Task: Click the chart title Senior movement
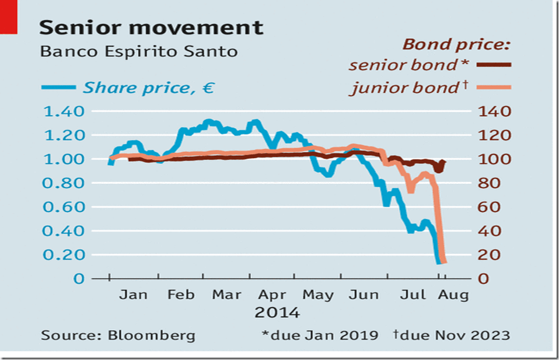point(151,27)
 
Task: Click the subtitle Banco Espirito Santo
point(138,51)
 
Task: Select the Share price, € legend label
point(148,88)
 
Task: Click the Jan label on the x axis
point(134,295)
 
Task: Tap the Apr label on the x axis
point(272,295)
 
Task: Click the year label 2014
point(277,313)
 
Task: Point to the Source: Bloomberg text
point(118,335)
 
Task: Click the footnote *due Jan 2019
point(319,335)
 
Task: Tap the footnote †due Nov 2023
point(451,335)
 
